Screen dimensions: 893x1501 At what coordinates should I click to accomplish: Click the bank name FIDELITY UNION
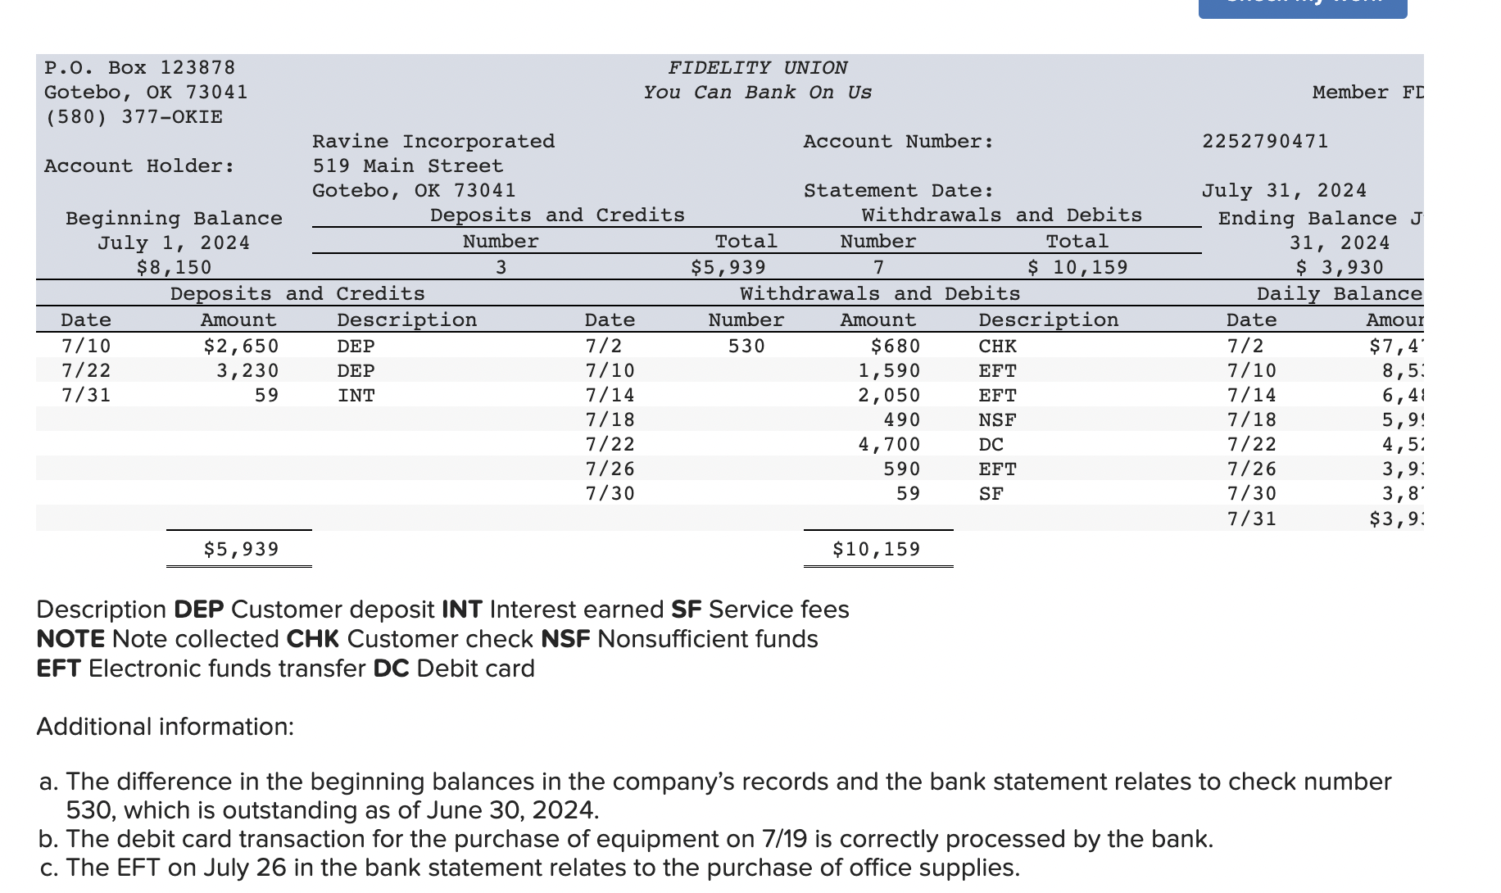(758, 68)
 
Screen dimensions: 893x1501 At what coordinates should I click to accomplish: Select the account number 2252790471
(1264, 142)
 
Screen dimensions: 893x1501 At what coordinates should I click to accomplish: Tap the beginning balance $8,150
(174, 268)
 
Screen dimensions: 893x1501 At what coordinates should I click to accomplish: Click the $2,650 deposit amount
(241, 347)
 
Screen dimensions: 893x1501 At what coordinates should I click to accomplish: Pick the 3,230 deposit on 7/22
(247, 371)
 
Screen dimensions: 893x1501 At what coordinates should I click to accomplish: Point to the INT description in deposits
(356, 396)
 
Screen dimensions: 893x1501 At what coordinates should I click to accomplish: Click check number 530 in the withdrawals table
(746, 347)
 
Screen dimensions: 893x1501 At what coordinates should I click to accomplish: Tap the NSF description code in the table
(997, 420)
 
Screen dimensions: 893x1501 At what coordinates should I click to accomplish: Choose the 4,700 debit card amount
(889, 445)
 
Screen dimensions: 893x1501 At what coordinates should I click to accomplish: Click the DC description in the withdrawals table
(991, 445)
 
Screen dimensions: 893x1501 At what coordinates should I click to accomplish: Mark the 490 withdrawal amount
(901, 420)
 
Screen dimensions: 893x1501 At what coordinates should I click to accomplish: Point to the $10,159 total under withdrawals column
(876, 549)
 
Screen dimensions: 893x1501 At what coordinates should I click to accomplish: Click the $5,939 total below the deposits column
(241, 549)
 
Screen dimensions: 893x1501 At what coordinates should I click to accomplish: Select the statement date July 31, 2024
(1284, 191)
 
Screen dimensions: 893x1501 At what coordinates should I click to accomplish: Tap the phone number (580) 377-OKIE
(134, 117)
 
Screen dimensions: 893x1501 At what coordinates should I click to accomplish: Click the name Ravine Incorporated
(433, 142)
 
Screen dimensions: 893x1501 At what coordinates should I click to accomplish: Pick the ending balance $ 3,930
(1339, 268)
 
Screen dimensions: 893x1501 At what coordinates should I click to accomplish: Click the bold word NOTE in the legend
(70, 639)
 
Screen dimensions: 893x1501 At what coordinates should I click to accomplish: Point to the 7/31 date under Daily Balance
(1251, 519)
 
